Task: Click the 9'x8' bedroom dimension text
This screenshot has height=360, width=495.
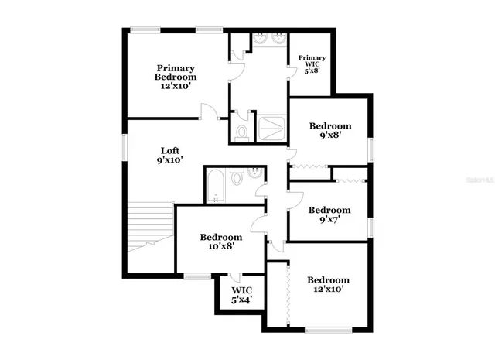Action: coord(330,135)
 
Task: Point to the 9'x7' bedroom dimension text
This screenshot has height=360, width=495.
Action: coord(329,219)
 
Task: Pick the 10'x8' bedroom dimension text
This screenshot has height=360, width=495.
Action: coord(220,247)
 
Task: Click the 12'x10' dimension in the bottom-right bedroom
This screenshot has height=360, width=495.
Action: coord(328,290)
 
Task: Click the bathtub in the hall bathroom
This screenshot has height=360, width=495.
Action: coord(216,186)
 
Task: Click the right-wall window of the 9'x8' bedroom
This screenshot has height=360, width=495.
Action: coord(371,148)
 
